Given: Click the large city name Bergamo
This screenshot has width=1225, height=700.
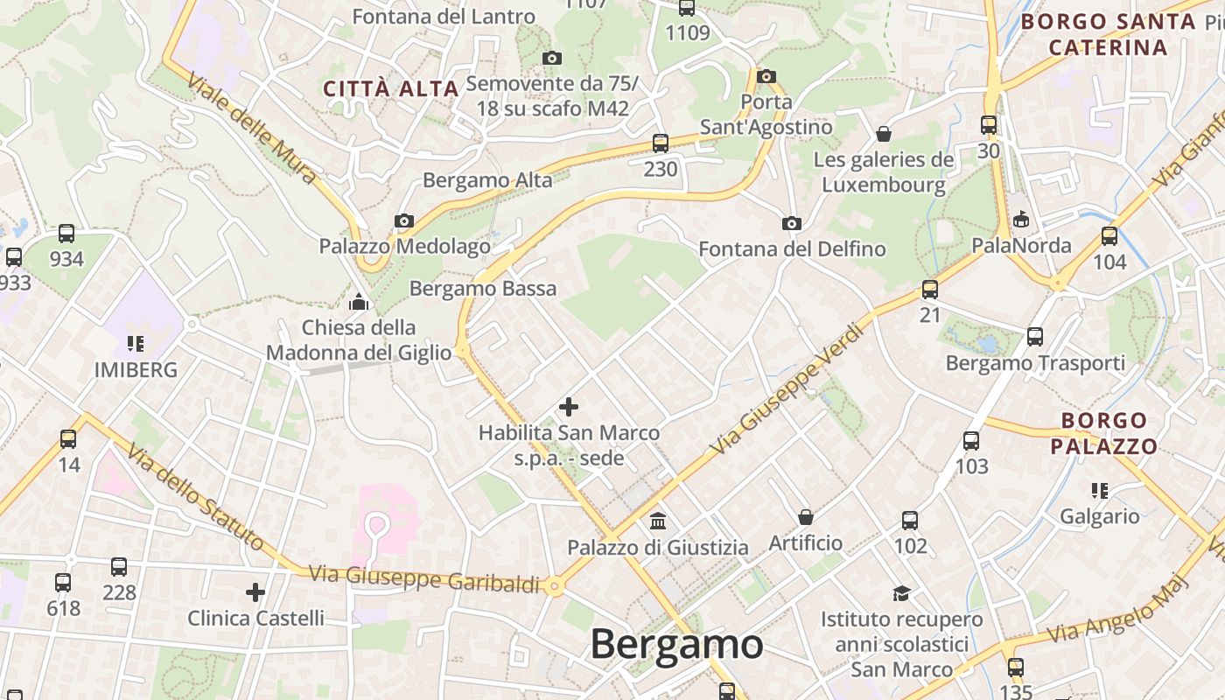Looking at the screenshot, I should tap(676, 645).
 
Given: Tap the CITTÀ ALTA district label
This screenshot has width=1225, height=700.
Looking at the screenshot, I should tap(391, 88).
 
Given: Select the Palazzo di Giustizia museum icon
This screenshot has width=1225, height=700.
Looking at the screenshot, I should tap(658, 521).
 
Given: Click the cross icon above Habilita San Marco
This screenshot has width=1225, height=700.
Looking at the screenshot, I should tap(569, 407).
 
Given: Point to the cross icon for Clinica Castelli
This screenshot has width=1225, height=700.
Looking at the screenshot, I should tap(255, 592).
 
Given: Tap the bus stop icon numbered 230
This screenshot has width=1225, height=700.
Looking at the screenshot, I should tap(661, 143).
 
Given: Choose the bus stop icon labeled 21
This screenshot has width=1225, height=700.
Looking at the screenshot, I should tap(930, 290).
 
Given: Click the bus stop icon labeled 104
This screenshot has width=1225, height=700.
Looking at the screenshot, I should tap(1109, 236).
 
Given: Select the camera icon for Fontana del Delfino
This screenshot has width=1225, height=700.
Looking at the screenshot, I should tap(792, 224).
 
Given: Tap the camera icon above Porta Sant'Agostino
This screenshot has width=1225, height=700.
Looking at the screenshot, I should tap(766, 77).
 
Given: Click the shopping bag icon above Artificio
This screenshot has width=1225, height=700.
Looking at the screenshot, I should tap(806, 517).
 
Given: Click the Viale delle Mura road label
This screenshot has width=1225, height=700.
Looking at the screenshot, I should tap(252, 128).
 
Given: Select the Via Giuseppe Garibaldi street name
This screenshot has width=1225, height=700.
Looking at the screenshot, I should tap(424, 578).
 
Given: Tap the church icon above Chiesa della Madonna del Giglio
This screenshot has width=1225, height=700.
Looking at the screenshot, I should tap(359, 303).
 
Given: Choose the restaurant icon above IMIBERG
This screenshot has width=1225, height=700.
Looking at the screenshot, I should tap(135, 343).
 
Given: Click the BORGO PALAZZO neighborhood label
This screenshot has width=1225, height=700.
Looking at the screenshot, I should tap(1103, 434).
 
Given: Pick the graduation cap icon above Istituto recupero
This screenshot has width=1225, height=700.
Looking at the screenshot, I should tap(901, 593).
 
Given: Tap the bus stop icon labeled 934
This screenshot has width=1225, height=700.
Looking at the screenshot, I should tap(66, 234).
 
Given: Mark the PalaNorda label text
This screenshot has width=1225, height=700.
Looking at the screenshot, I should tap(1021, 246).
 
